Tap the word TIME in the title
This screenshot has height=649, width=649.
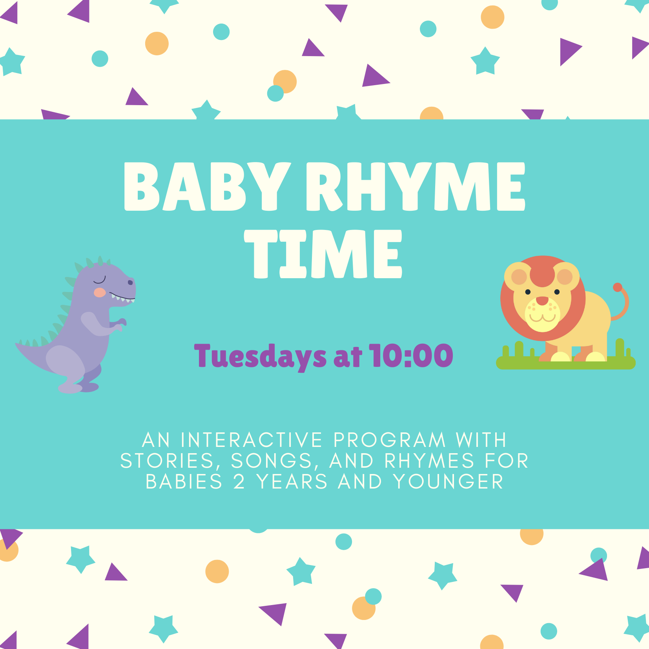click(323, 254)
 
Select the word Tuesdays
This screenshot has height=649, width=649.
click(260, 356)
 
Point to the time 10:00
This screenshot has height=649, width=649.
click(411, 355)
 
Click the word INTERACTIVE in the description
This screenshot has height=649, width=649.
click(252, 440)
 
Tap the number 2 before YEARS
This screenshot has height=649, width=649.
click(239, 481)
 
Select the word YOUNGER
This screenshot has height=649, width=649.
click(448, 481)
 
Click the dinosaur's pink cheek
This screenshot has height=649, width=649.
click(100, 292)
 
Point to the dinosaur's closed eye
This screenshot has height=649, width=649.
click(100, 280)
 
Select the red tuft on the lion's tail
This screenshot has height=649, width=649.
click(618, 287)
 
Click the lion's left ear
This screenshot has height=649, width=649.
click(519, 277)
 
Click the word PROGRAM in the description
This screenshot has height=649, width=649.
click(390, 440)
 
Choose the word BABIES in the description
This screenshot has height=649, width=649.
click(184, 481)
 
